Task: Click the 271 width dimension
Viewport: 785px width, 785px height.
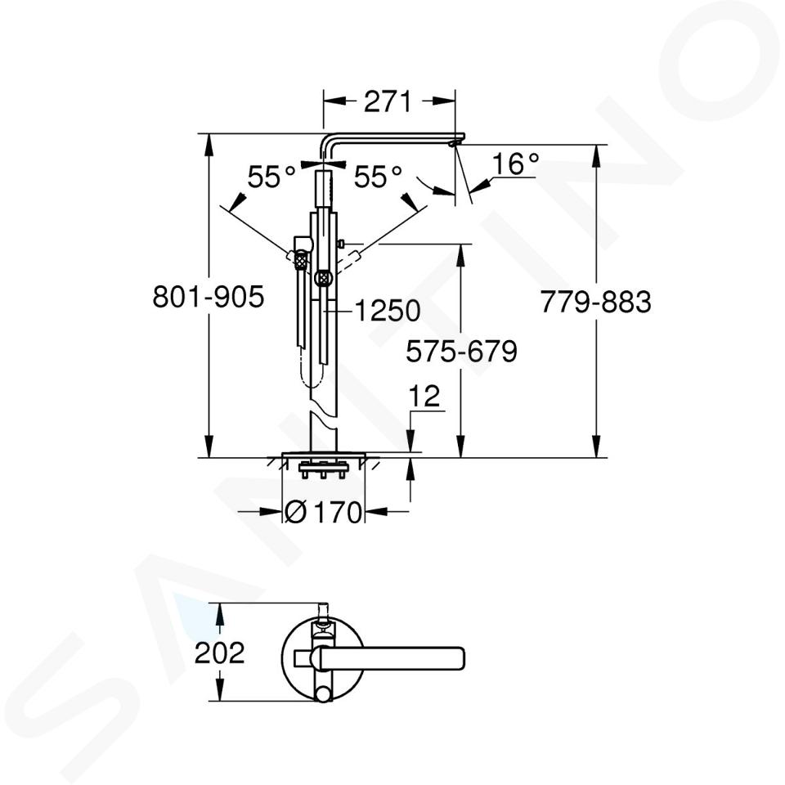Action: tap(387, 101)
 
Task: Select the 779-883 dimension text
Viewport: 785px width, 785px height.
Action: tap(596, 302)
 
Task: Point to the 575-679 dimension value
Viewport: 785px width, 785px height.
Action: tap(461, 351)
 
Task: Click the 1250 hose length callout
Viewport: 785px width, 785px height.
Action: tap(387, 311)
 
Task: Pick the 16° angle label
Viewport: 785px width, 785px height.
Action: tap(516, 164)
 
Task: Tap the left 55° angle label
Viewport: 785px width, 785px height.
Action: tap(271, 177)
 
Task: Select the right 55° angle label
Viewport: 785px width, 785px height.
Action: tap(378, 177)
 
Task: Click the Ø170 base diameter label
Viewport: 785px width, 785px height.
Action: tap(323, 512)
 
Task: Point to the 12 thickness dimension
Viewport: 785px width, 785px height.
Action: tap(424, 396)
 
